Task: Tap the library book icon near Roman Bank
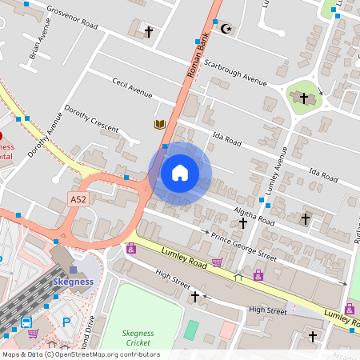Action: coord(160,124)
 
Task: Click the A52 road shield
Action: coord(78,199)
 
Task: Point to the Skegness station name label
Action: coord(74,282)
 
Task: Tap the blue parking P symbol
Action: coord(66,322)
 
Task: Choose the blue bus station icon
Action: coord(26,322)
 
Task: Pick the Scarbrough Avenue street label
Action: coord(234,73)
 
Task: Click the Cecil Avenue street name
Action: coord(132,88)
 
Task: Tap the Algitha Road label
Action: coord(254,214)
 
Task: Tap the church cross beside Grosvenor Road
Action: coord(148,31)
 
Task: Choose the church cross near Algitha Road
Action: coord(304,218)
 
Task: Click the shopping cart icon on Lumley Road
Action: coord(217,262)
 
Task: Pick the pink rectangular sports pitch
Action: coord(228,329)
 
